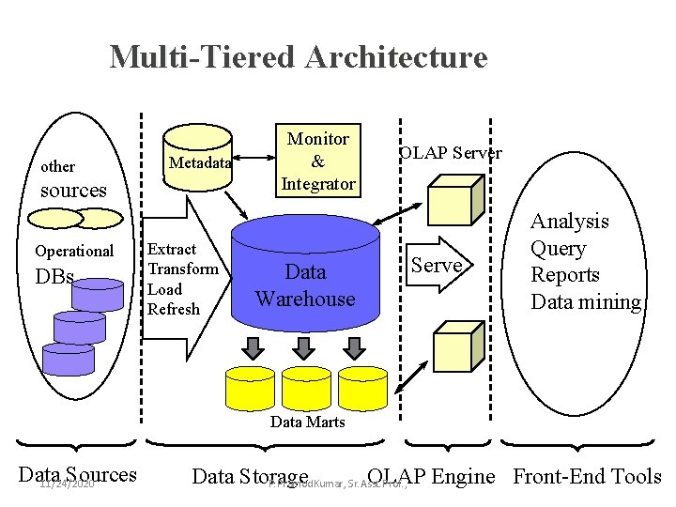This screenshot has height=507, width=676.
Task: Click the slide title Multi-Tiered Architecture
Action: point(299,56)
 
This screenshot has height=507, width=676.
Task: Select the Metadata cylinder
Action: point(199,162)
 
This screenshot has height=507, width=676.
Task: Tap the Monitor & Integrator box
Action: point(317,161)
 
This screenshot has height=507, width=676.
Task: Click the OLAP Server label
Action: point(450,153)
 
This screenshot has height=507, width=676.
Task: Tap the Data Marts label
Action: point(307,422)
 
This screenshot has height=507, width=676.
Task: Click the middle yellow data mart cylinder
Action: point(307,385)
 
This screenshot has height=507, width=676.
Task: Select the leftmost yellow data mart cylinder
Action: point(251,385)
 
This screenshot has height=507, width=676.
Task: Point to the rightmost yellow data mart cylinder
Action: point(362,385)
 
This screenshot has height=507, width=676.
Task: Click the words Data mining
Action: point(586,302)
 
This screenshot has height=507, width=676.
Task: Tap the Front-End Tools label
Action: point(587,476)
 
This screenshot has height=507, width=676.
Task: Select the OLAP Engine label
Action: point(431,476)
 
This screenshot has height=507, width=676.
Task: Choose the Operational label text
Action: point(73,251)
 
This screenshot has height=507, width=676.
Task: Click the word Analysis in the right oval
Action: point(569,222)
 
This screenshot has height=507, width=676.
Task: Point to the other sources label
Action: point(72,178)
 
